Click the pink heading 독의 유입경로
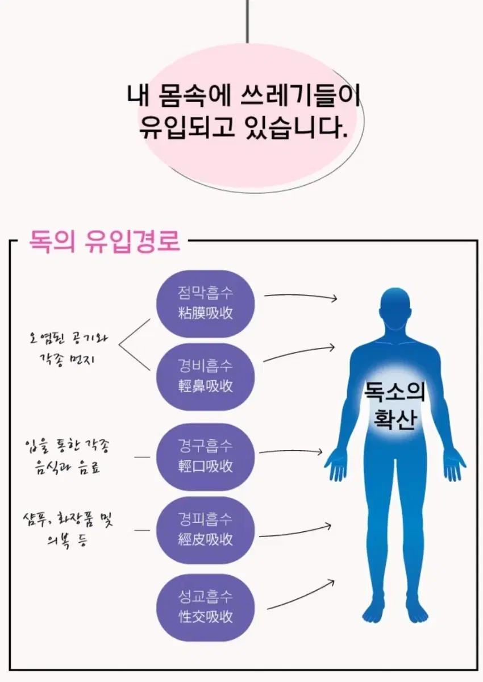105,241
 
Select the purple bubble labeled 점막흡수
206,304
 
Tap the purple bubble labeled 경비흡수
206,377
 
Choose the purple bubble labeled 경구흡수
206,457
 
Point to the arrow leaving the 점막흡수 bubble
301,296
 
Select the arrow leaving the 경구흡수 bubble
290,451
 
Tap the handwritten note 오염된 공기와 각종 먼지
68,350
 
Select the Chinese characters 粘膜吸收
206,313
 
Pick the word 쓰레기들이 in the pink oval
301,95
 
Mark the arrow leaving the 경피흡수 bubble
295,530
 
